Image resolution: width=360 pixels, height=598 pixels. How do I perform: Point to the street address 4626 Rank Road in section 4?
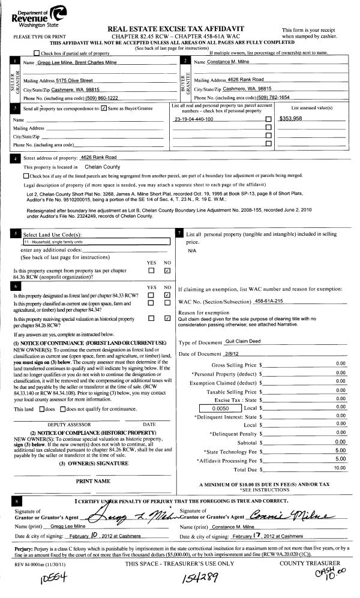click(98, 157)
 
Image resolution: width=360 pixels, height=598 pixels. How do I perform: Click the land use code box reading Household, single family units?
click(96, 241)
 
